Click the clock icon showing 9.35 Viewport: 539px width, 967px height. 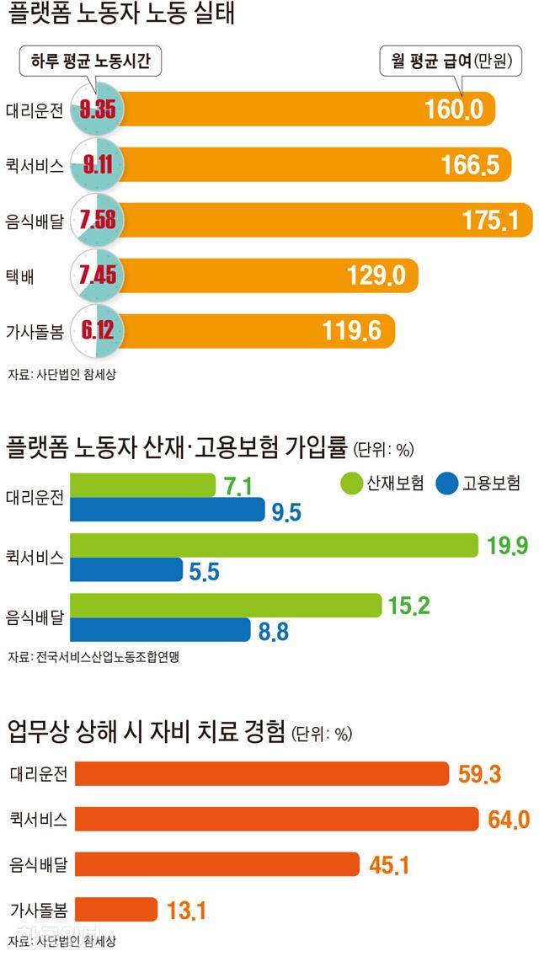[98, 110]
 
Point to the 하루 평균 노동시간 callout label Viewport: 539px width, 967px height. [90, 61]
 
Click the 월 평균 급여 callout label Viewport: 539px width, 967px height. [447, 61]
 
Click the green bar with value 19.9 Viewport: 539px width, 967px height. [273, 545]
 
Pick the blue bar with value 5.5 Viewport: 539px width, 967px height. [125, 570]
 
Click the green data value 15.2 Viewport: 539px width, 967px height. [410, 606]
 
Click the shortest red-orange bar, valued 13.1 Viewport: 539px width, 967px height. [115, 910]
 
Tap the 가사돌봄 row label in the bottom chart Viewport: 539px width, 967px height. [38, 910]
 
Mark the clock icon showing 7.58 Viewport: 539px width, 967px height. [98, 220]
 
